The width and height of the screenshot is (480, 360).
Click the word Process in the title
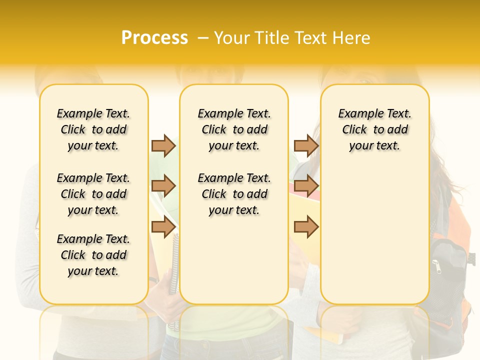click(154, 38)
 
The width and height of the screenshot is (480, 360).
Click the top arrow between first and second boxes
click(163, 145)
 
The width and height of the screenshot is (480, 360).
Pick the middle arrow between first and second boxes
click(163, 186)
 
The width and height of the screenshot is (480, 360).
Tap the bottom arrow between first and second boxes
click(163, 227)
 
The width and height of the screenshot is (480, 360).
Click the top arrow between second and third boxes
click(306, 145)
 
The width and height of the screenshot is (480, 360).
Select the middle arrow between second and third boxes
click(306, 186)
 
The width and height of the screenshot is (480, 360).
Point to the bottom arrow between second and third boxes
click(306, 227)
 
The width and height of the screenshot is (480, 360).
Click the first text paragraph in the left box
click(93, 129)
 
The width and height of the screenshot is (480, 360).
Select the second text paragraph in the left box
click(93, 194)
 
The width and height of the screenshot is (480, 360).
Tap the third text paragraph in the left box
click(93, 255)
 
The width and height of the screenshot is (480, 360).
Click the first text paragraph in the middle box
click(234, 129)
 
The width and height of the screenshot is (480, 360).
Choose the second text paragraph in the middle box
click(234, 194)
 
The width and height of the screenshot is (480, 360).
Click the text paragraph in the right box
click(375, 129)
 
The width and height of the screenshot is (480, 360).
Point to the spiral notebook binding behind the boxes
click(174, 265)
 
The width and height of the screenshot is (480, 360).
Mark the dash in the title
click(203, 38)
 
